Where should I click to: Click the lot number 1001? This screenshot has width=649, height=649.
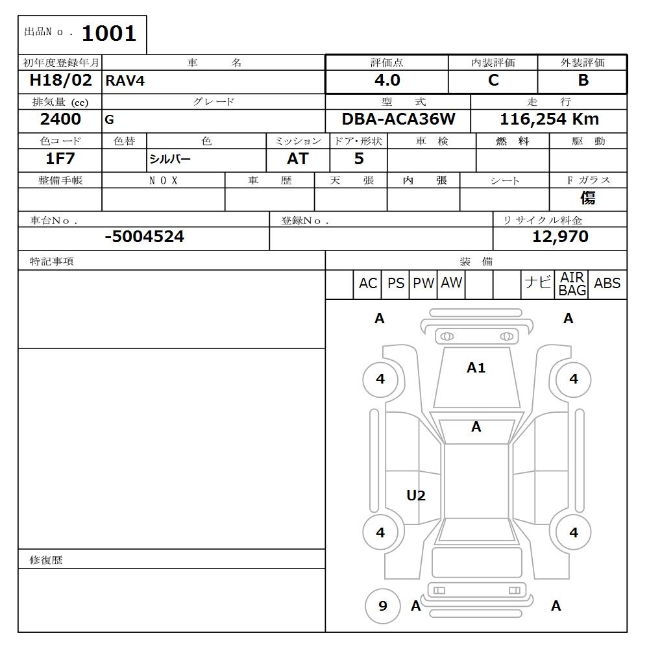[108, 34]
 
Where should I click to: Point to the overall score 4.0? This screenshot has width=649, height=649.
[387, 80]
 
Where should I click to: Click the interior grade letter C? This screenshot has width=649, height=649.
[493, 80]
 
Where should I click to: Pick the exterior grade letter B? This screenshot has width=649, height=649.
[583, 80]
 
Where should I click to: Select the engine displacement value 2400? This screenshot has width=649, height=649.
[60, 119]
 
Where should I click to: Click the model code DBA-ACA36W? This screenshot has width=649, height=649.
[398, 119]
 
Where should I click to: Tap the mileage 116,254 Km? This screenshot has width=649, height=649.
[549, 119]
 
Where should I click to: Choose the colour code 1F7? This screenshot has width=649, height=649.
[60, 158]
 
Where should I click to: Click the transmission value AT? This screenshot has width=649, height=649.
[297, 158]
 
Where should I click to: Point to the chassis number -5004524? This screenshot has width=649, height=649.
[144, 237]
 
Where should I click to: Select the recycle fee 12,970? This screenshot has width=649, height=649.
[560, 237]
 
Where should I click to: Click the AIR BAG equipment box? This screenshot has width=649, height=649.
[572, 284]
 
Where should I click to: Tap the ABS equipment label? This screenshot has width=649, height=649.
[607, 284]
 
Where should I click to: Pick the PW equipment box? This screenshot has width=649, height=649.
[423, 284]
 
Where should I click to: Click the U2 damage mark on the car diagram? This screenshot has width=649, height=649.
[415, 496]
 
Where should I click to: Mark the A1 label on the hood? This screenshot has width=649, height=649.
[476, 368]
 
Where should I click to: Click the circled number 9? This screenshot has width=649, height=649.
[382, 606]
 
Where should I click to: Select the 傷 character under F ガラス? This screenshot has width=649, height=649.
[588, 198]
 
